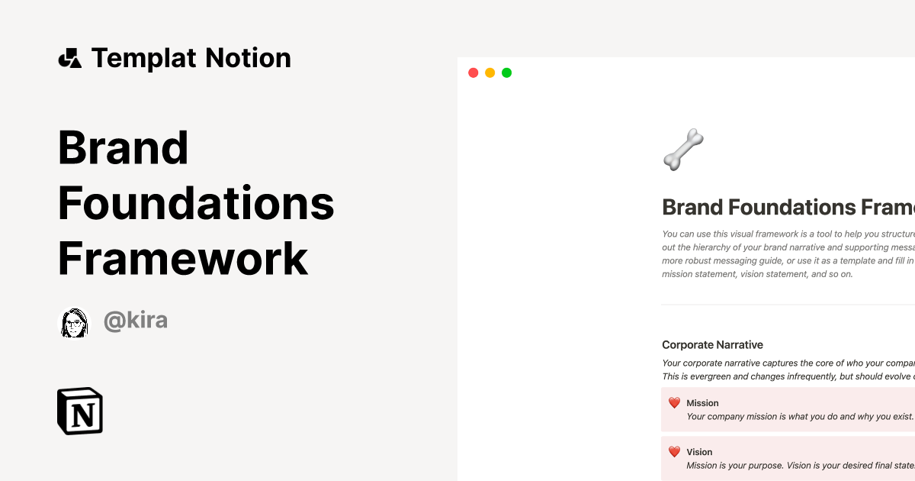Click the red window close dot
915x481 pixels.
[473, 73]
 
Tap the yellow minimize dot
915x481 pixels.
[490, 73]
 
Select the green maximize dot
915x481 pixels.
[506, 73]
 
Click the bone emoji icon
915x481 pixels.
[683, 149]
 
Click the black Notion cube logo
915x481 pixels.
[80, 412]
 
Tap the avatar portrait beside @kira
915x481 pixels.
[75, 322]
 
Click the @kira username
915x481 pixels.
[136, 321]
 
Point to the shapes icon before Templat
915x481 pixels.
[70, 58]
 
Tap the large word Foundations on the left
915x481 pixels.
[196, 203]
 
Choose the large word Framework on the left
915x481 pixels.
[183, 259]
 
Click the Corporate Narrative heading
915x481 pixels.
[712, 345]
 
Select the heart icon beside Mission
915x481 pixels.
[674, 403]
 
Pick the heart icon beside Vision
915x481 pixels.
[674, 452]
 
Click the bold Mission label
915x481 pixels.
[702, 403]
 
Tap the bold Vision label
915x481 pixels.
[699, 452]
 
